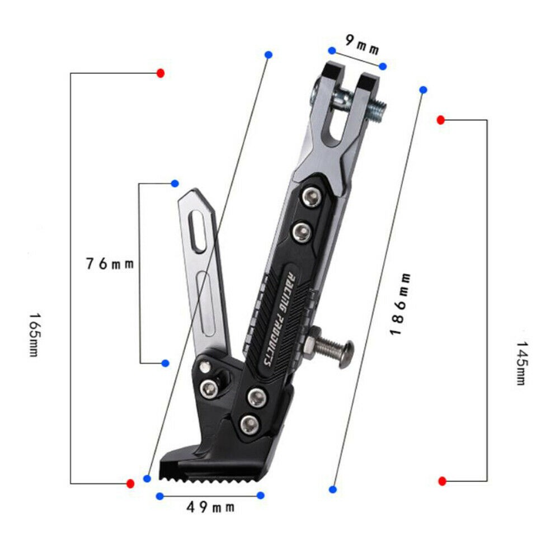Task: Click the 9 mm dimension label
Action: tap(362, 45)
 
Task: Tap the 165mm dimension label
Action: tap(34, 335)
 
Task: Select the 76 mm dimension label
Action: tap(110, 264)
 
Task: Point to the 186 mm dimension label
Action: tap(401, 304)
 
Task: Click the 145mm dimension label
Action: tap(521, 363)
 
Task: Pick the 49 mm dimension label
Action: tap(210, 507)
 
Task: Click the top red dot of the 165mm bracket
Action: tap(161, 73)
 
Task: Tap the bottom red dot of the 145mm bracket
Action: tap(442, 481)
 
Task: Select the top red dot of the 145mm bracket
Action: tap(441, 120)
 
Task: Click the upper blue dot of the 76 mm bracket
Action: tap(175, 183)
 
